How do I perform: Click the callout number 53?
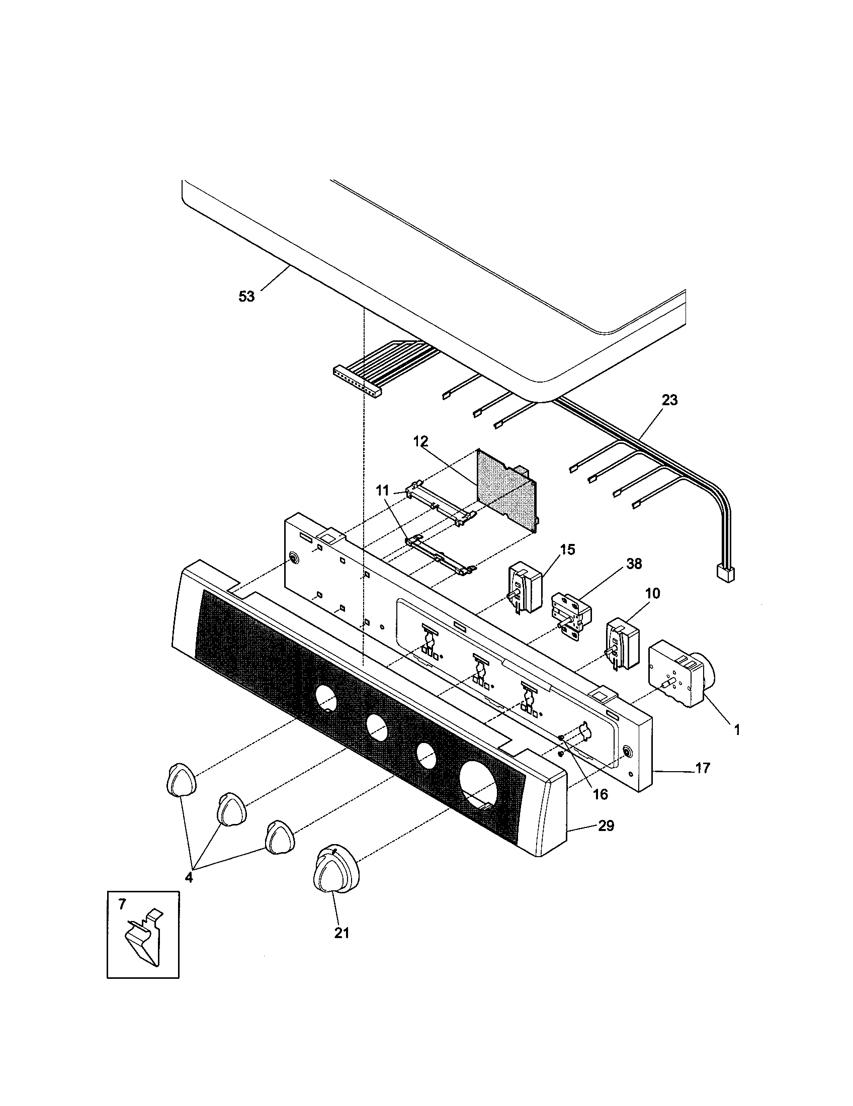(246, 297)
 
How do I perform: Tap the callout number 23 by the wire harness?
(669, 400)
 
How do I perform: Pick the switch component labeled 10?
(623, 642)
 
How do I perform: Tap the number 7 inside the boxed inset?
(122, 905)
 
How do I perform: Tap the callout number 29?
(606, 826)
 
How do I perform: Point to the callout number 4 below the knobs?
(189, 877)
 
